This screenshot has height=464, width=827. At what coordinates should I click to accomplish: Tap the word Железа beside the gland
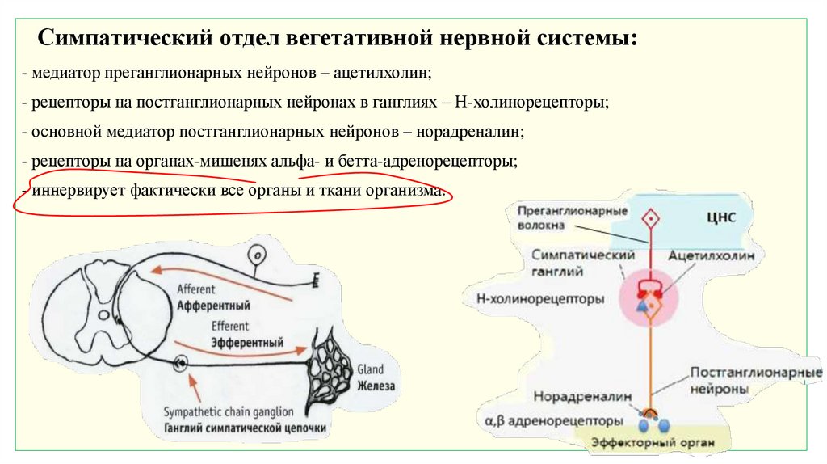coord(376,386)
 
